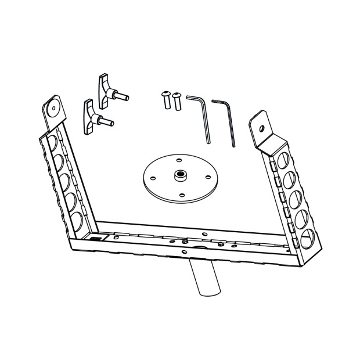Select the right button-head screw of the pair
click(x=177, y=101)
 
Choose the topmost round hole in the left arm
click(x=53, y=142)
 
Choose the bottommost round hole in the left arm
click(x=77, y=221)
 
